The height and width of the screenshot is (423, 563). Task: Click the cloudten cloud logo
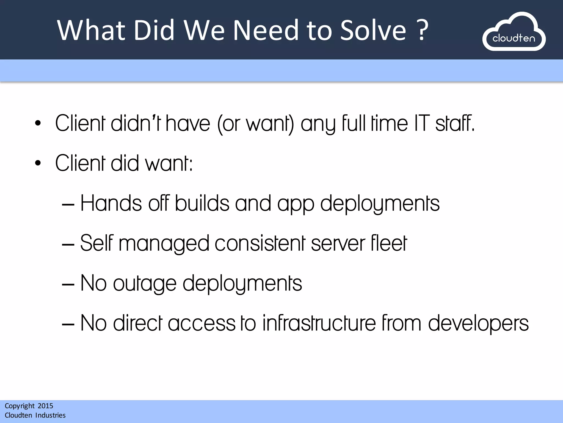[x=514, y=32]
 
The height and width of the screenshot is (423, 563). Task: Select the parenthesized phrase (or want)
[x=255, y=124]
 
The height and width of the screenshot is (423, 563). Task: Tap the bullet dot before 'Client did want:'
[x=38, y=163]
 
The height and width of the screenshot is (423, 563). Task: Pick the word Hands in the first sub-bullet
[x=111, y=204]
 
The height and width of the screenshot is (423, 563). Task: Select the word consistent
[x=260, y=243]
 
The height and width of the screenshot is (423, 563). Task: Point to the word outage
[x=145, y=284]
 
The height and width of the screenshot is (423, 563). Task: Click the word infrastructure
[x=319, y=323]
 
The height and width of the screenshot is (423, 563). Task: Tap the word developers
[x=478, y=324]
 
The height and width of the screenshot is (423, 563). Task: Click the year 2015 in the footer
[x=45, y=406]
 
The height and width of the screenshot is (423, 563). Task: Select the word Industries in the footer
[x=50, y=415]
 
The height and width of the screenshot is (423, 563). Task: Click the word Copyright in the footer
[x=20, y=406]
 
